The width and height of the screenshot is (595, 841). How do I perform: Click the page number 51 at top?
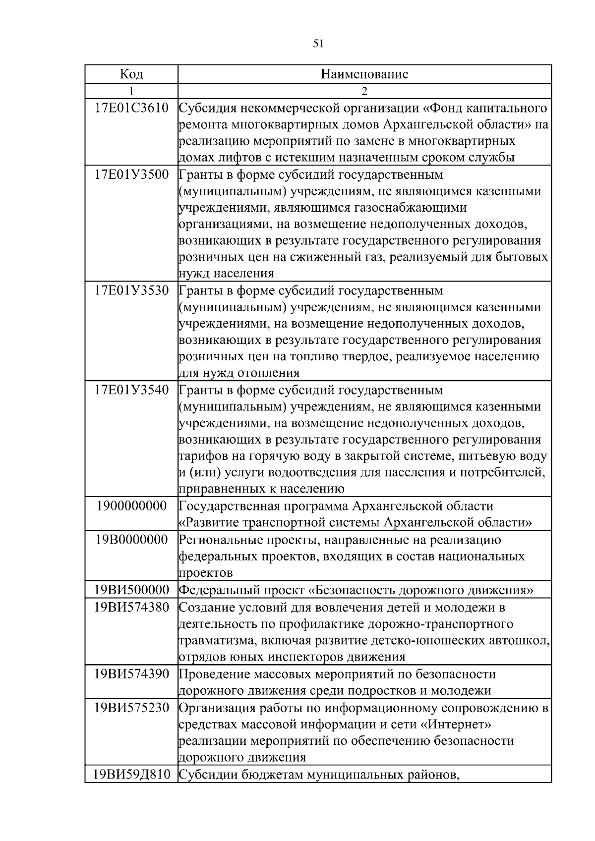coord(318,44)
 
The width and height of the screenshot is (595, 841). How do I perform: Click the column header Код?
coord(131,74)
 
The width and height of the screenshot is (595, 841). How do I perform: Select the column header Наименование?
coord(364,74)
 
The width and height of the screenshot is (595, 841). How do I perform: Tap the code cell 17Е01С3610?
coord(131,108)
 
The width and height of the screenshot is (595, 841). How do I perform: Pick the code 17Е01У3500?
coord(131,174)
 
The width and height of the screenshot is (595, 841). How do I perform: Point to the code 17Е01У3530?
coord(131,290)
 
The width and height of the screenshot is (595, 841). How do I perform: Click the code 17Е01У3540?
coord(131,390)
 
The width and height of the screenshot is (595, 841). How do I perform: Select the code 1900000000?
coord(131,506)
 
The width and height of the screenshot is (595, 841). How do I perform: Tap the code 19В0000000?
coord(131,540)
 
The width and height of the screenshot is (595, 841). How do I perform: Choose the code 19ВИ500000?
coord(131,590)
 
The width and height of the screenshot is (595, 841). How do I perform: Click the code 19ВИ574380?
coord(131,607)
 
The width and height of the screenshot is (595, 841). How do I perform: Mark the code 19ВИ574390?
coord(131,674)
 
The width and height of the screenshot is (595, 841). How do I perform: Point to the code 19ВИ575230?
coord(131,708)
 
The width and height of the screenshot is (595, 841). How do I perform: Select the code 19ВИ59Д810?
coord(131,774)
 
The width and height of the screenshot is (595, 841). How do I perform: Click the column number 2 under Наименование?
coord(364,91)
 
